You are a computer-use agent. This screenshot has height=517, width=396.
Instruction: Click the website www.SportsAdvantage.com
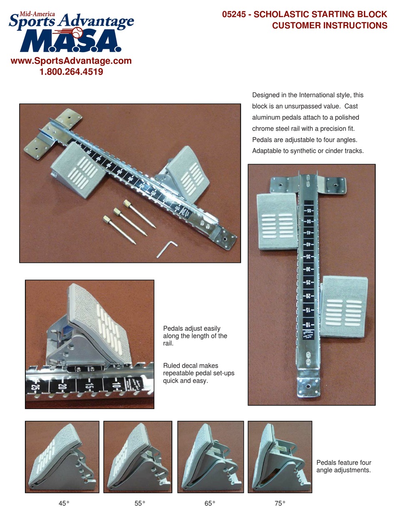pos(71,61)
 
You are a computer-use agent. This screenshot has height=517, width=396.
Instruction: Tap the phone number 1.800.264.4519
pos(71,72)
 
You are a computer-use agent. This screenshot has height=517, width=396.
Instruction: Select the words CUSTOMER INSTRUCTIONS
pos(329,26)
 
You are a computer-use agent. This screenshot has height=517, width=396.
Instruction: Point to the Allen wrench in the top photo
pos(167,249)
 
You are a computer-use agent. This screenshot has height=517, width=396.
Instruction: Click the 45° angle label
pos(64,503)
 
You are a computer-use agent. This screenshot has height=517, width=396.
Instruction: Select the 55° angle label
pos(140,503)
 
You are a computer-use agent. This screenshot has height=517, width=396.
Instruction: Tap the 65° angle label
pos(210,503)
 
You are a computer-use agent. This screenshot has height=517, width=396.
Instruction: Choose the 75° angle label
pos(280,503)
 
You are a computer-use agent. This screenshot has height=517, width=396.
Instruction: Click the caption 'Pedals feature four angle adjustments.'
pos(343,466)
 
